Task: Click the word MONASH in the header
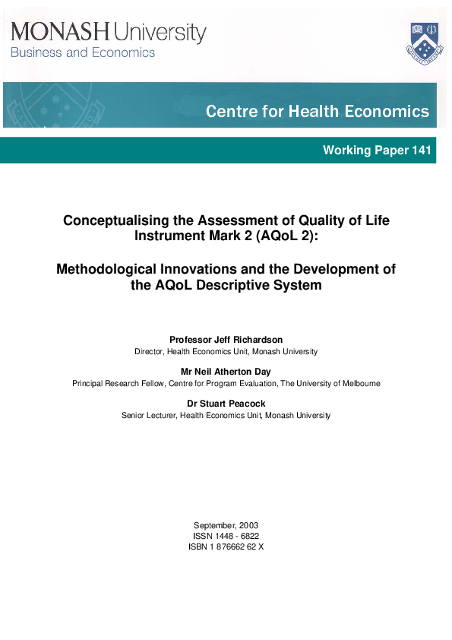61,32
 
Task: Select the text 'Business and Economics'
82,53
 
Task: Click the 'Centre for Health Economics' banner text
317,112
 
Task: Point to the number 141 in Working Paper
421,150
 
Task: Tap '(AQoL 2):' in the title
284,235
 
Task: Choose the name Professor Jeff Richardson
226,340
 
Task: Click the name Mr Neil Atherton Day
226,372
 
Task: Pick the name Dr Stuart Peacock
226,404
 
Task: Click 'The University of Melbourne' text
330,384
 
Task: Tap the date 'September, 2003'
226,525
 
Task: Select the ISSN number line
226,536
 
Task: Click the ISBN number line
226,547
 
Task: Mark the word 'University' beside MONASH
160,33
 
